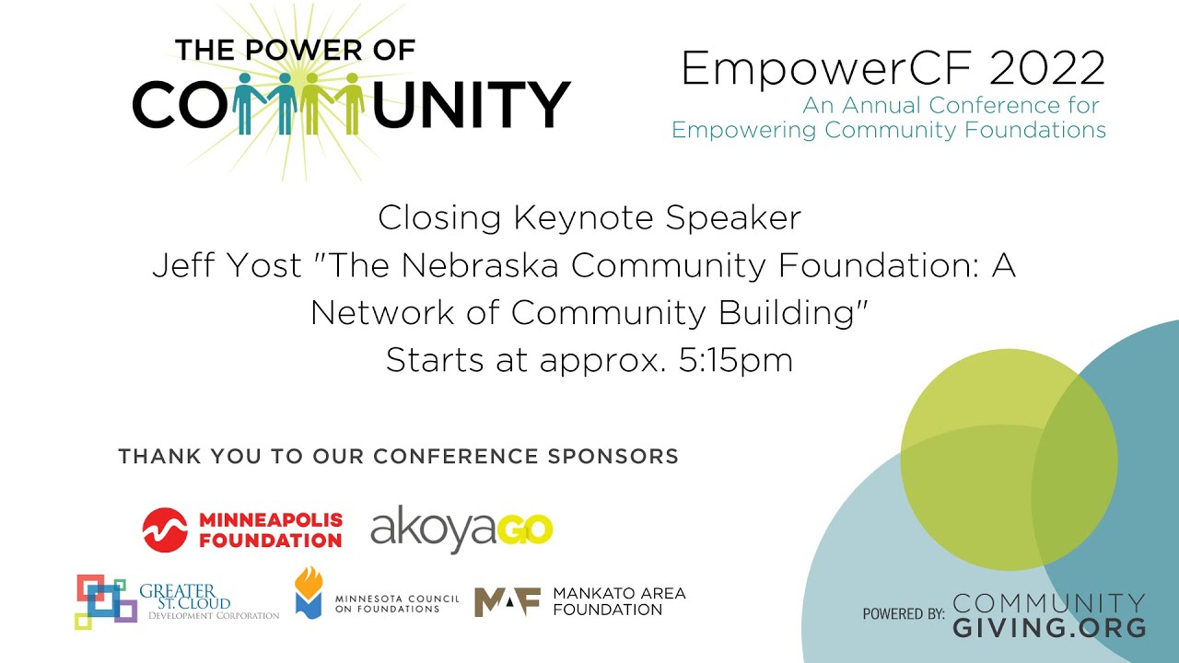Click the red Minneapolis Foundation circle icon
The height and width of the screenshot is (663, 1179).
point(165,529)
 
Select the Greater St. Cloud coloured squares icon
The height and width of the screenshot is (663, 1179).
point(105,601)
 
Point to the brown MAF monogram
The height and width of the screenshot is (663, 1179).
point(506,601)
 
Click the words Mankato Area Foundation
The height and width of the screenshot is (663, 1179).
point(619,601)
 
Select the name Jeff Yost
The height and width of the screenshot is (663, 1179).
point(227,266)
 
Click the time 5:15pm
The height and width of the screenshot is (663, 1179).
point(735,360)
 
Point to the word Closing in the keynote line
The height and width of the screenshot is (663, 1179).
point(439,218)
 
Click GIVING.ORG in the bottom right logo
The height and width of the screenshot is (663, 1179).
point(1049,628)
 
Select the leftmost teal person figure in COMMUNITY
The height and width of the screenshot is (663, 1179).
point(248,102)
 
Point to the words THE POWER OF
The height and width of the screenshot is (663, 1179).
point(295,50)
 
